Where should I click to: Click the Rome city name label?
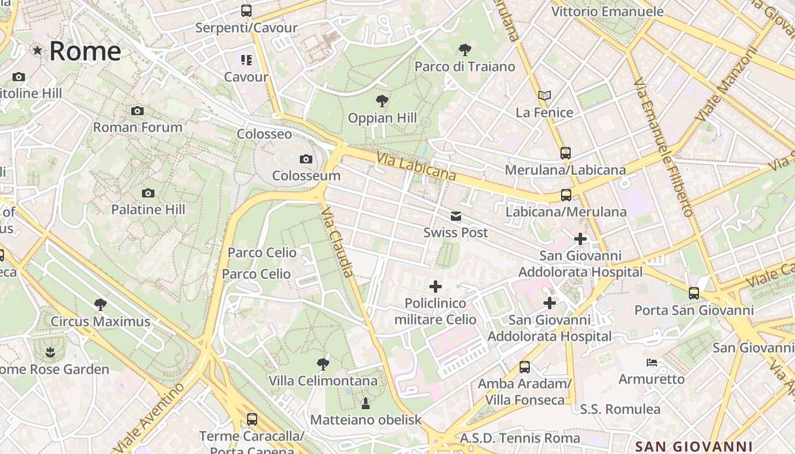coord(85,51)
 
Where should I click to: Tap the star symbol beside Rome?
coord(37,51)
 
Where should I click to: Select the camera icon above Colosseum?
coord(306,159)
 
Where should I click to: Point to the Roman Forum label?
coord(137,127)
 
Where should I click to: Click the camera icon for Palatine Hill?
coord(148,193)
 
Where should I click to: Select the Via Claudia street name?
coord(337,242)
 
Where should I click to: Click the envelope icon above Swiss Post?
coord(455,216)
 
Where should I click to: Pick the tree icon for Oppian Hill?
coord(382,101)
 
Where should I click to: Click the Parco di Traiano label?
coord(465,66)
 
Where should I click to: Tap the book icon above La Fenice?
coord(544,95)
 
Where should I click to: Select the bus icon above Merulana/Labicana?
coord(565,153)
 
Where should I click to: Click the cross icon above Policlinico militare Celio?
coord(436,287)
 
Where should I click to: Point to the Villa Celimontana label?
coord(323,380)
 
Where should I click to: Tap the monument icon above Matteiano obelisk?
coord(366,403)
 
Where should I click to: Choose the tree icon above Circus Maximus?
coord(101,305)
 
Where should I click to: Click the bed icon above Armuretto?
coord(651,362)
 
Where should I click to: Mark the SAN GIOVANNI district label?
coord(693,447)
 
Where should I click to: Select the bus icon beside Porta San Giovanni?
coord(694,293)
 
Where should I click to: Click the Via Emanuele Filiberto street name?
coord(663,148)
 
